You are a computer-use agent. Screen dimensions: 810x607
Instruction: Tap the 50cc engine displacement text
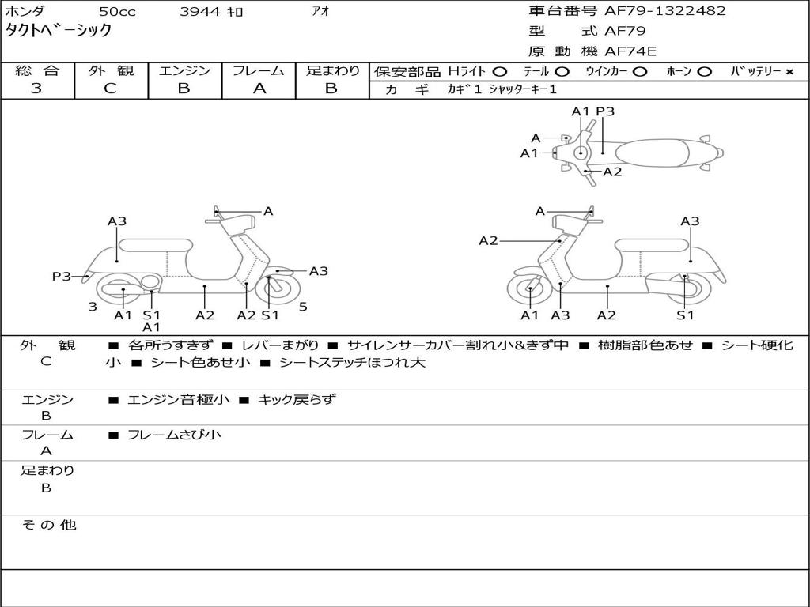(117, 11)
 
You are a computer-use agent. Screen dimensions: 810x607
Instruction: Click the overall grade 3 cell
(36, 89)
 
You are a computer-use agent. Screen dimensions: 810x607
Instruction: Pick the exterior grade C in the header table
(111, 89)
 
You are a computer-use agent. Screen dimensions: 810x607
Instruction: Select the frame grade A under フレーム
(259, 89)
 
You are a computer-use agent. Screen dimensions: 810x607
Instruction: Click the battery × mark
(789, 72)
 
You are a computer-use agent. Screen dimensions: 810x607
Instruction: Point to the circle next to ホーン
(704, 72)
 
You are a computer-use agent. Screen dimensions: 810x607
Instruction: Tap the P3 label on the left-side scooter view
(62, 276)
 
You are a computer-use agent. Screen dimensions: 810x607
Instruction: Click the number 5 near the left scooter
(303, 306)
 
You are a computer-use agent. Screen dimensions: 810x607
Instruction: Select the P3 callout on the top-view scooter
(605, 111)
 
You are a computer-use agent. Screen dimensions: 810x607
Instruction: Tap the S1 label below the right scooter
(685, 315)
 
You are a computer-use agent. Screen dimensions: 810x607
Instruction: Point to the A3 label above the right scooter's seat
(690, 221)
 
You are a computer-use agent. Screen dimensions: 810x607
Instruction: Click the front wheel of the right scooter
(529, 290)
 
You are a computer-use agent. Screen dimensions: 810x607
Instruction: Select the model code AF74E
(630, 51)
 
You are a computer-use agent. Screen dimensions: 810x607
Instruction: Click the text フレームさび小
(174, 435)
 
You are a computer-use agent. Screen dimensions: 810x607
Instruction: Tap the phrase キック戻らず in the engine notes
(297, 399)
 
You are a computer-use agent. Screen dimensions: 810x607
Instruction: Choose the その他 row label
(48, 525)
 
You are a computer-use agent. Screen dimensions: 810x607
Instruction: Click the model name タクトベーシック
(59, 31)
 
